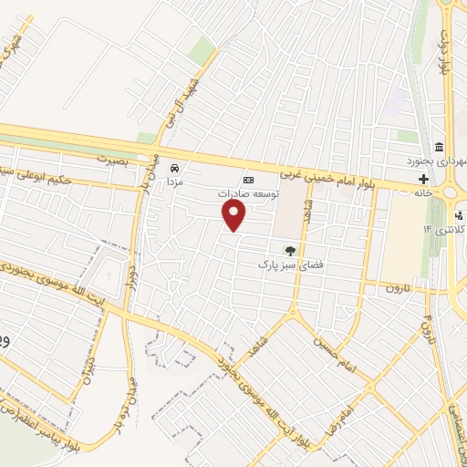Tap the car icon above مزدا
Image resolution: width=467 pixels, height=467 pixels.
click(x=174, y=168)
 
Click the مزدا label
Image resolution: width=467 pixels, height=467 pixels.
click(x=173, y=182)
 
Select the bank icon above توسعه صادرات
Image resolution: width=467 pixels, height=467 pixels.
click(x=246, y=180)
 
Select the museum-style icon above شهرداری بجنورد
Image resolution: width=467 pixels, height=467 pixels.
click(x=439, y=148)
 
